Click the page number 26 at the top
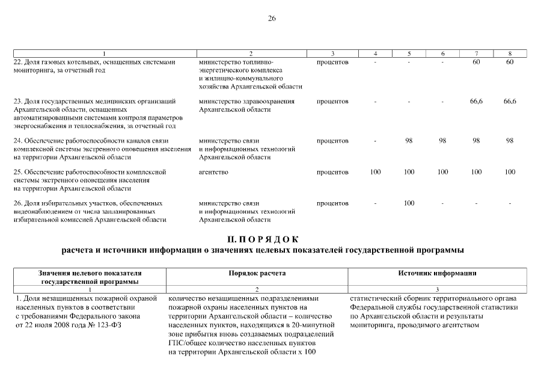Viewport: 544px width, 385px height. [272, 19]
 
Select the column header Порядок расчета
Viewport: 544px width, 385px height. [257, 273]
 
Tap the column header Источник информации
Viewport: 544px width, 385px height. [437, 273]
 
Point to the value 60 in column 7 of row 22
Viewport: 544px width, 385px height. [476, 62]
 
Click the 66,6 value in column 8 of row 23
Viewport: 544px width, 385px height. [510, 102]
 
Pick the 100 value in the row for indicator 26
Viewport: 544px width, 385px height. [409, 203]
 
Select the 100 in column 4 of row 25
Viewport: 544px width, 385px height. [375, 172]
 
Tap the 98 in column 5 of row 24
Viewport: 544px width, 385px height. [409, 141]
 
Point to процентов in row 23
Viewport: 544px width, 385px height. [332, 102]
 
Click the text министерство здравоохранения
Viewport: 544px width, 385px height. [246, 102]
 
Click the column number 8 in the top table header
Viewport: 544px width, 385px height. [510, 54]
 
